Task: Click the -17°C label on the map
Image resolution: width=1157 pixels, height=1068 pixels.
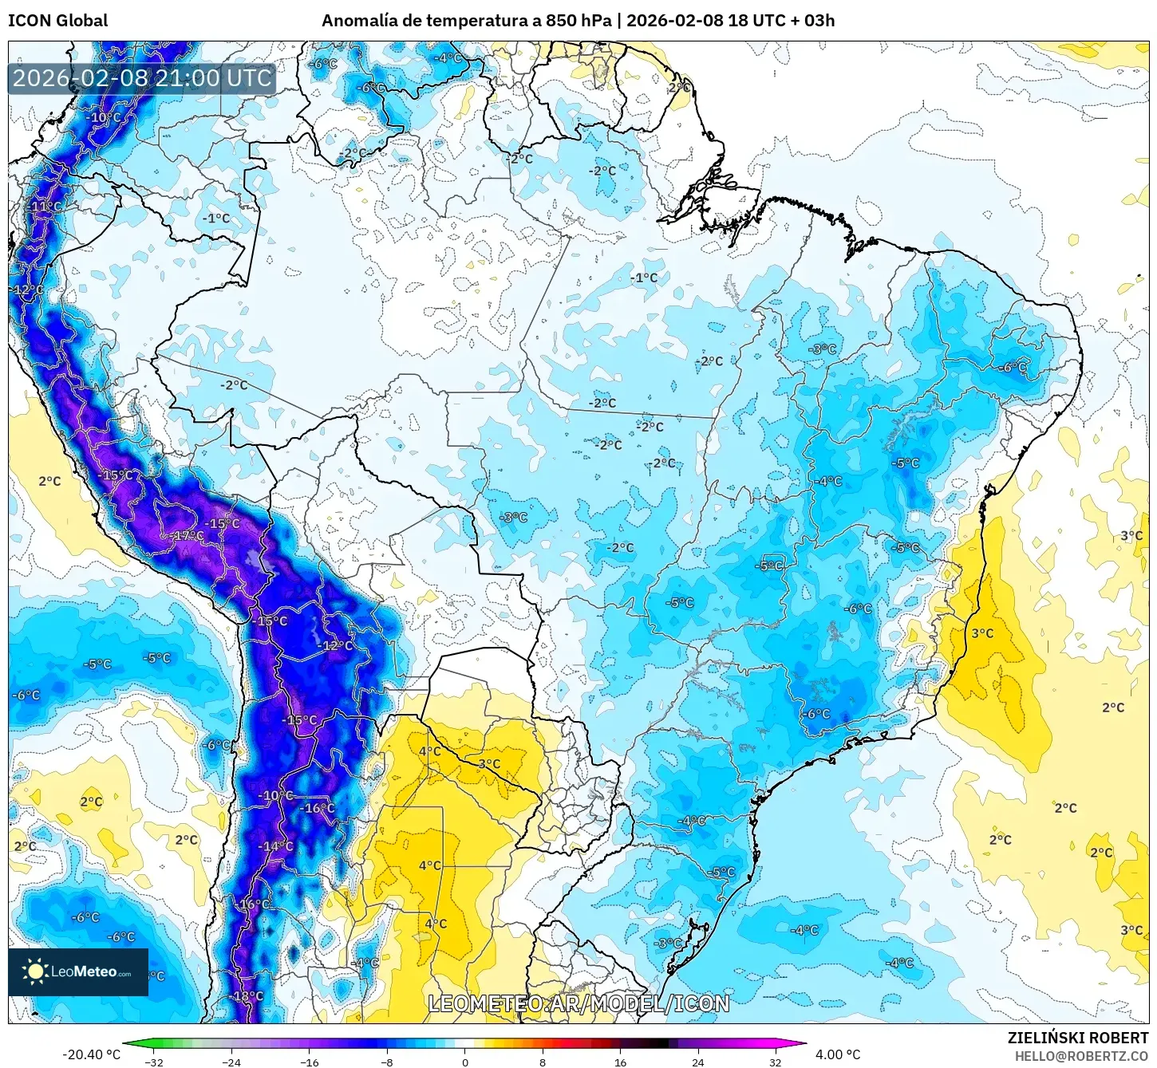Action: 188,536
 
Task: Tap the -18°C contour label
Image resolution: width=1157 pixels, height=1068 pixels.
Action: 247,996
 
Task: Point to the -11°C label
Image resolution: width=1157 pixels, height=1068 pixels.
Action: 45,207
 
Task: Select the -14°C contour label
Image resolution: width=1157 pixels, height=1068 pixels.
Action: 276,846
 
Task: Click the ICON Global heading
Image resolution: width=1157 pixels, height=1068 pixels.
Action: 57,21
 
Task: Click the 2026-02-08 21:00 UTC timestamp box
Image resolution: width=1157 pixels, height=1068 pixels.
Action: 142,78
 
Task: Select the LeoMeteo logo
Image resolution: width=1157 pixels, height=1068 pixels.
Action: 78,971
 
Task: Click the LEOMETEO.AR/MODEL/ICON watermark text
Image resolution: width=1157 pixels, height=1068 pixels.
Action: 578,1003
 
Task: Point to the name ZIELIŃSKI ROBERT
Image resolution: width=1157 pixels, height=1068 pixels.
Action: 1077,1038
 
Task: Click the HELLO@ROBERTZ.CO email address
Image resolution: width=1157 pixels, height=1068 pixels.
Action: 1080,1056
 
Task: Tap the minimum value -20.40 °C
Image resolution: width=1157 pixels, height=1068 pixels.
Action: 91,1054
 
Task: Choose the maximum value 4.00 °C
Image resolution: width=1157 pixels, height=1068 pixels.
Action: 837,1054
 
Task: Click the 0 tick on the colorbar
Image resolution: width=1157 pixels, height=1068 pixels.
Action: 465,1062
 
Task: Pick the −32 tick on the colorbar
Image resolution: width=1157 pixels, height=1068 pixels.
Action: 154,1062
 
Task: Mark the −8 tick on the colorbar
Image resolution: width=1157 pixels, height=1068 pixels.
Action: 387,1062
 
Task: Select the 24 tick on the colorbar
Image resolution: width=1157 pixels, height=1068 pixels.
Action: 698,1062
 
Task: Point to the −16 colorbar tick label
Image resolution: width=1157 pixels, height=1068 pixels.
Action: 309,1062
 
